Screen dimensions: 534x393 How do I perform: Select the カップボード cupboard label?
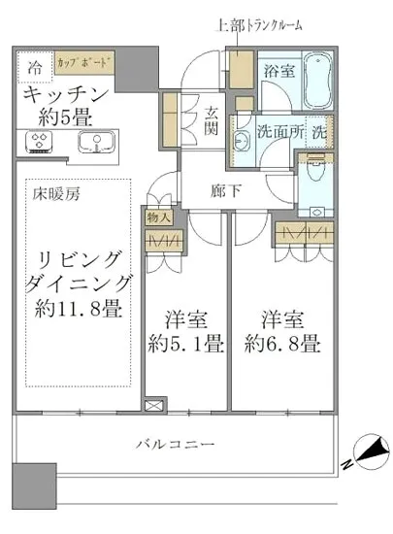[x=85, y=65]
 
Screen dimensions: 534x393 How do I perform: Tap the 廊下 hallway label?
[x=225, y=191]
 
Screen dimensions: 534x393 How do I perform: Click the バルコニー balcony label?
[x=175, y=444]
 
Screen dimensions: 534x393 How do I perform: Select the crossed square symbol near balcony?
[x=151, y=406]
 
